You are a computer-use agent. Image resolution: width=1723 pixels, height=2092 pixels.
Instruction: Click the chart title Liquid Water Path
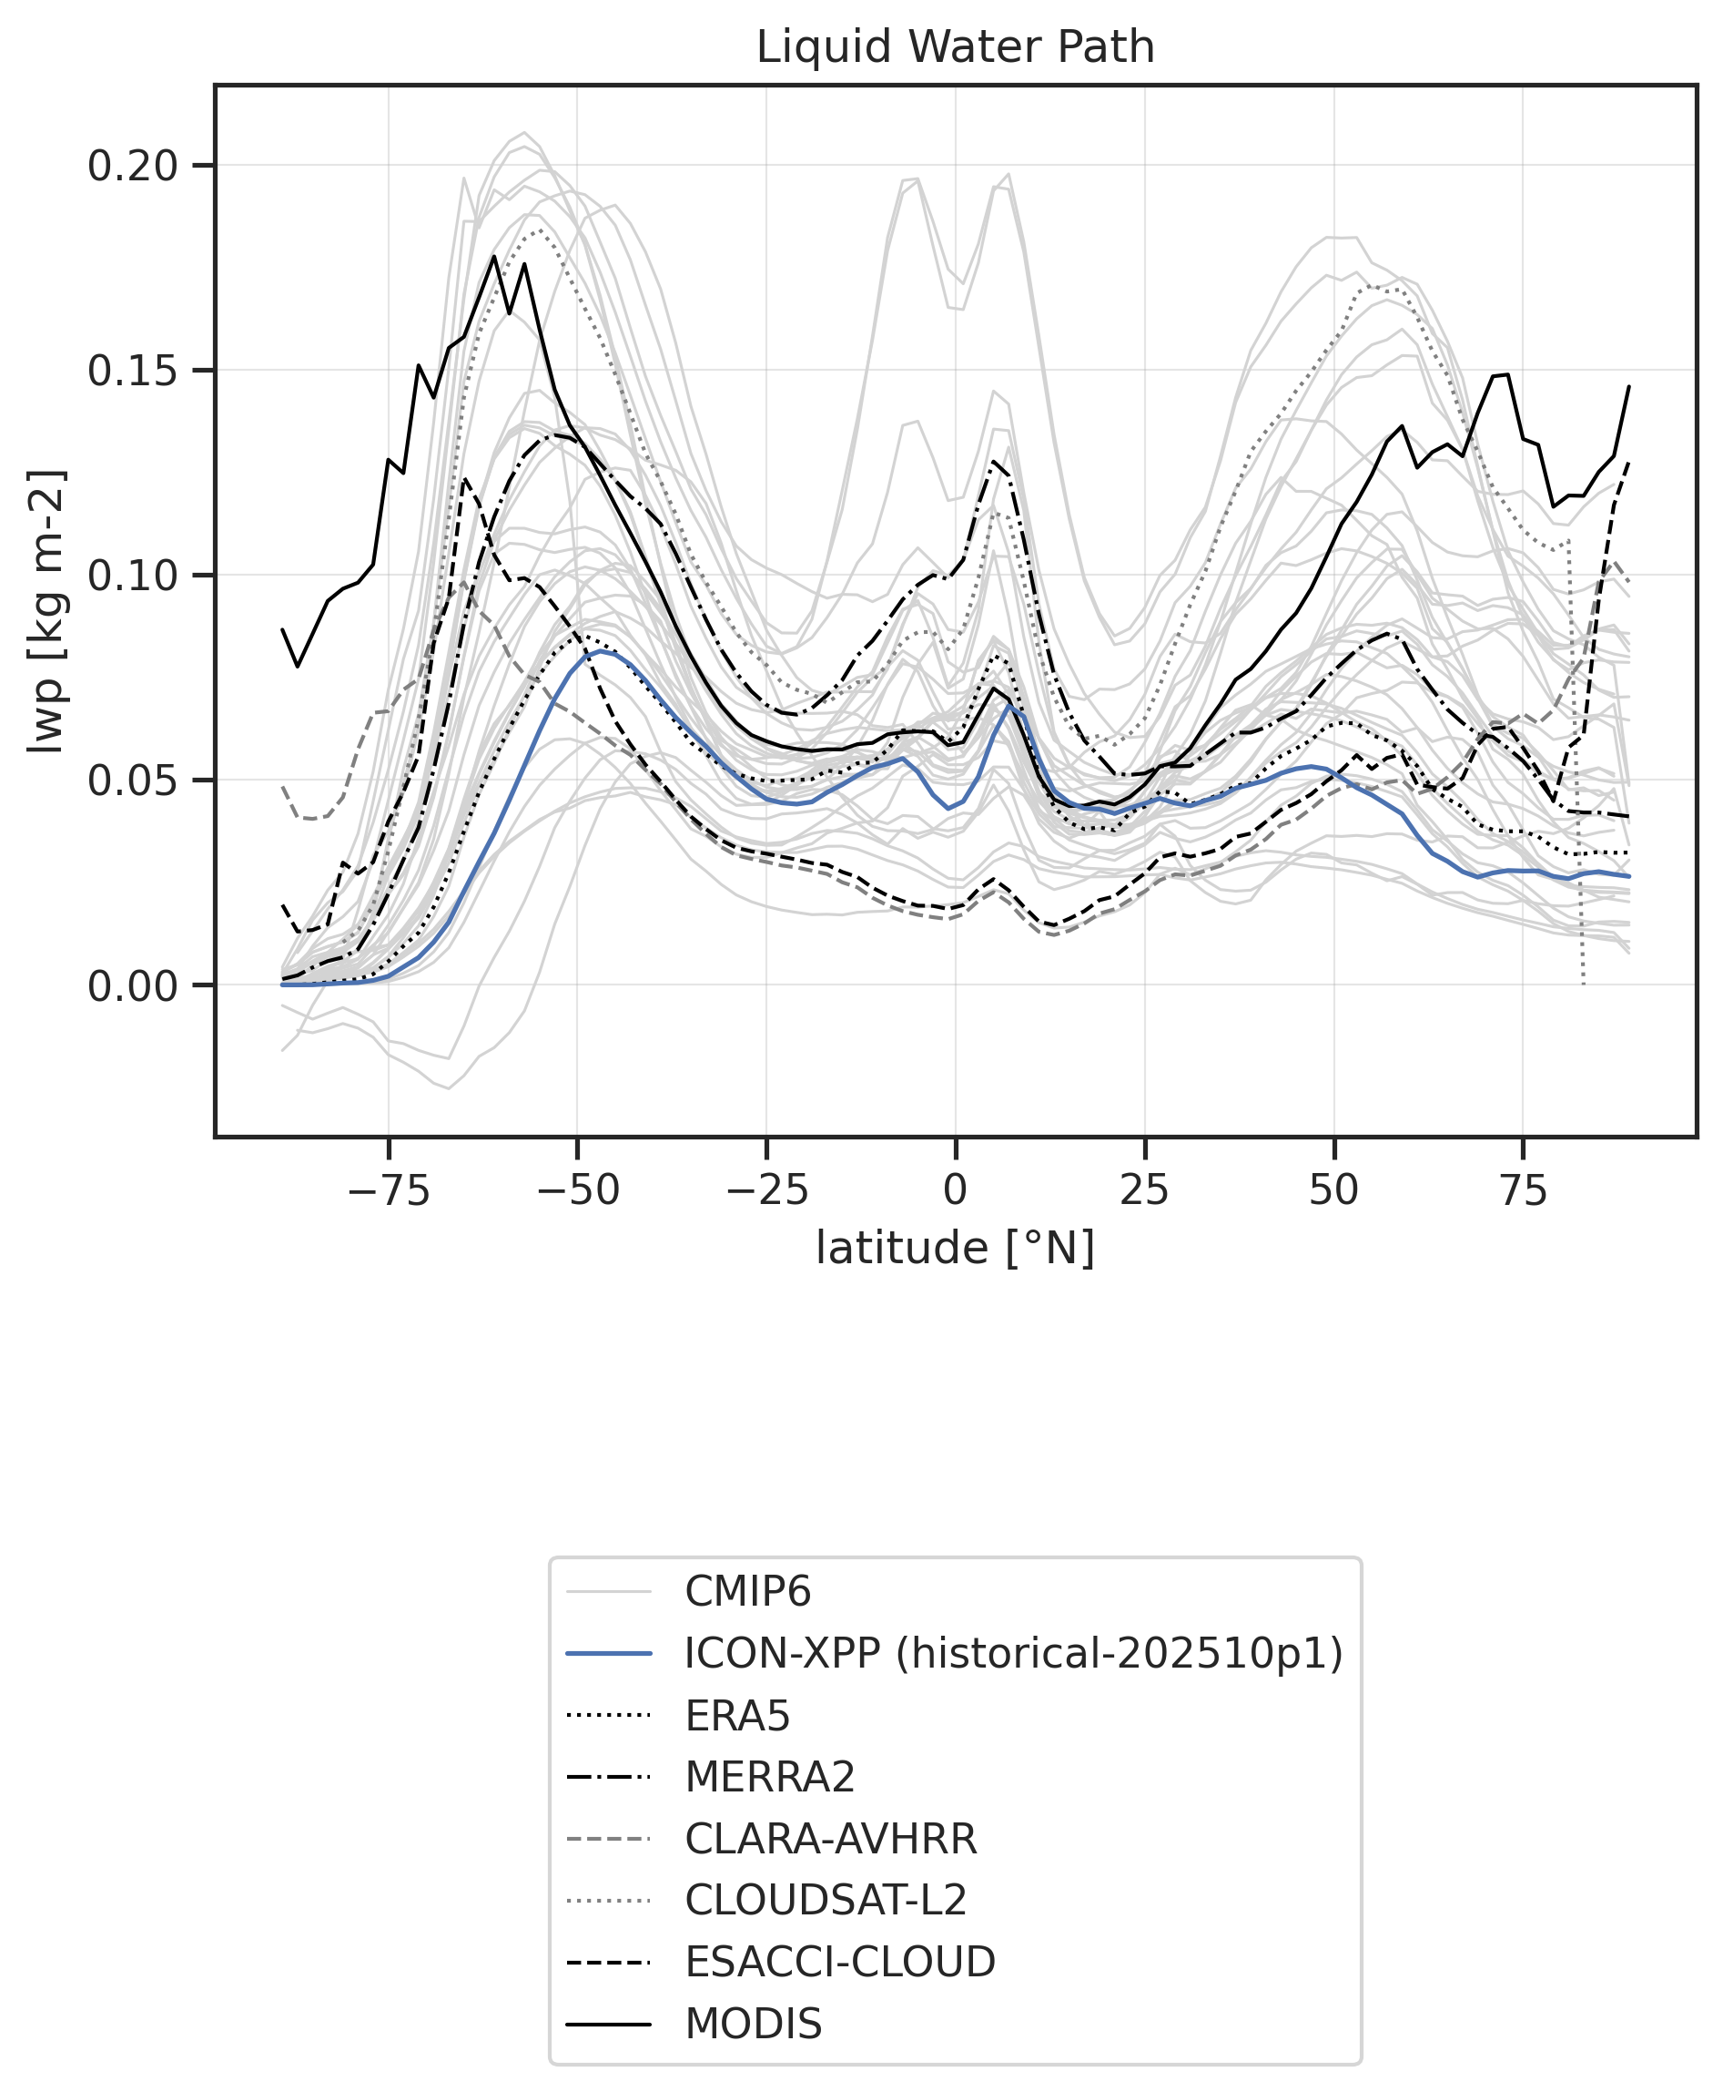[955, 47]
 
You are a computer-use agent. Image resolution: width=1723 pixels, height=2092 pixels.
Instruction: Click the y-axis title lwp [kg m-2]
[46, 610]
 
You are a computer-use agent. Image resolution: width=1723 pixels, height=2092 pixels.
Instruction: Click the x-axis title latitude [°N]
[955, 1248]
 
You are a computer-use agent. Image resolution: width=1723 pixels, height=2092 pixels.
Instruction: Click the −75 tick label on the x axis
[388, 1189]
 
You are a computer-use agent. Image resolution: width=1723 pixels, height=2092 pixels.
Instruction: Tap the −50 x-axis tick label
[577, 1189]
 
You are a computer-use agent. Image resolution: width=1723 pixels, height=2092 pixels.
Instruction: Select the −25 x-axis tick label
[766, 1189]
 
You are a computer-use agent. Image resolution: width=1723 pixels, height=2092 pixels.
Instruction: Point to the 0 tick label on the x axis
[955, 1189]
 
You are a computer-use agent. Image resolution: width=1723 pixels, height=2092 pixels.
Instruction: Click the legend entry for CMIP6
[747, 1592]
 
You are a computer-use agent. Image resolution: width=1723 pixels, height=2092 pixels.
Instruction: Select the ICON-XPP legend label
[1012, 1653]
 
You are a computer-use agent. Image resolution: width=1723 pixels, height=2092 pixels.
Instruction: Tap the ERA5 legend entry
[736, 1715]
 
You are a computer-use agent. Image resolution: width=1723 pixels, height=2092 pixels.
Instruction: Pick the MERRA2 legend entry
[769, 1776]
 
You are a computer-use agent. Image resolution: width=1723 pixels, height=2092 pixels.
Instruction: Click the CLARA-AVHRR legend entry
[830, 1839]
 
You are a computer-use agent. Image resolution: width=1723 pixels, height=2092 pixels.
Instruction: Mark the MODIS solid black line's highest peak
[493, 256]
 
